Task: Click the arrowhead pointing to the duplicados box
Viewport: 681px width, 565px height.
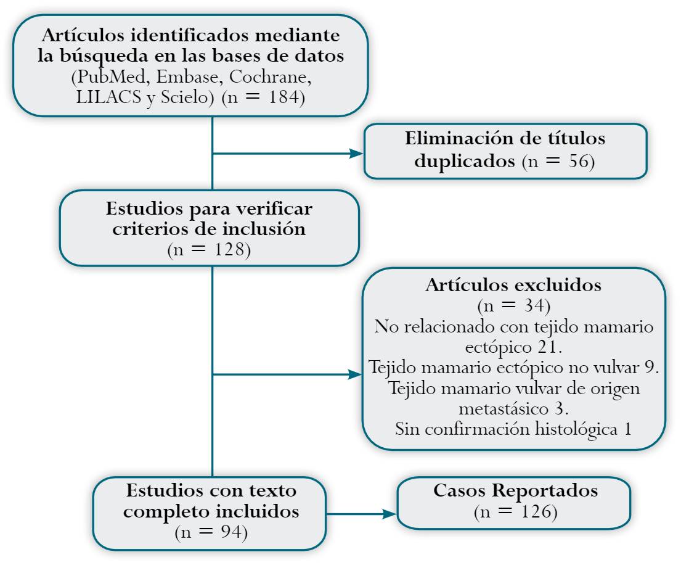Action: pos(356,153)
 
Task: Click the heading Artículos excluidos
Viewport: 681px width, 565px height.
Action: pos(513,285)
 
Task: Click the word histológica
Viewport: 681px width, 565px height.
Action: pos(568,429)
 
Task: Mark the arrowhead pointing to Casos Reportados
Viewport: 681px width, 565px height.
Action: pos(389,513)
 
